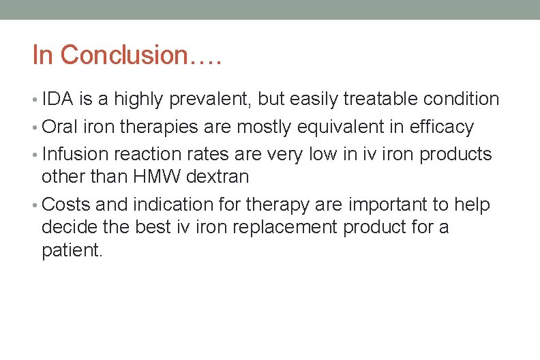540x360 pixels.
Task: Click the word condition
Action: tap(461, 100)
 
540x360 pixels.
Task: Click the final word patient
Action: tap(72, 250)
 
